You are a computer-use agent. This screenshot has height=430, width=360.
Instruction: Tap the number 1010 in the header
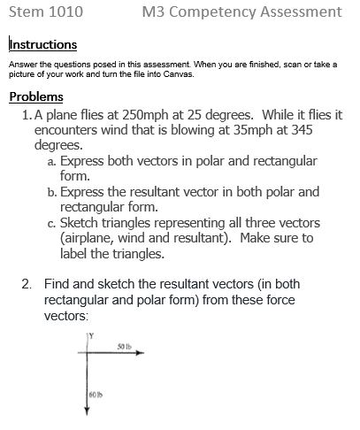click(x=66, y=12)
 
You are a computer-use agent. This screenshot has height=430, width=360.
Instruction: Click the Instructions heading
click(x=42, y=45)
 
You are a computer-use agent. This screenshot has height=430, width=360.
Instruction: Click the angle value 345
click(x=296, y=130)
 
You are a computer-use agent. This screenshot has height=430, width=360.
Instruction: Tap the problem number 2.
click(x=26, y=285)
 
